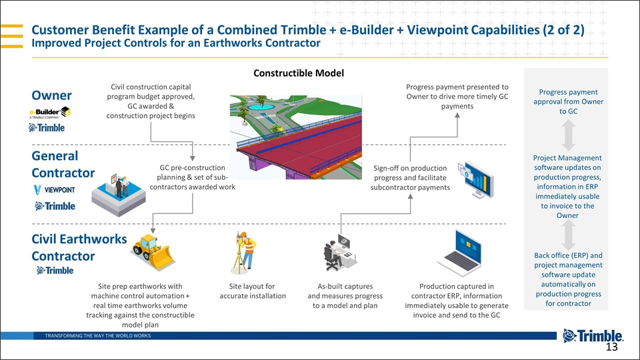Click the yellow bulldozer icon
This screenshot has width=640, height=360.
(153, 252)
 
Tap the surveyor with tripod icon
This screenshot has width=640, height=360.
(244, 252)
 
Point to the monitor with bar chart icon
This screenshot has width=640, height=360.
(476, 179)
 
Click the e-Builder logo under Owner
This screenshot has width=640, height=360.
(50, 113)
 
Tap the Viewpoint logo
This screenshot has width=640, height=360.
(54, 190)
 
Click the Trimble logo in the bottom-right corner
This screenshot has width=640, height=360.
(593, 335)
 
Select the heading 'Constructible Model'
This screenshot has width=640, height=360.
(299, 73)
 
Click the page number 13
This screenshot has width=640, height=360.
(611, 347)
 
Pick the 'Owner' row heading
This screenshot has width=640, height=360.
(52, 95)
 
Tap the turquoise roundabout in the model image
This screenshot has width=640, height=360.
(261, 107)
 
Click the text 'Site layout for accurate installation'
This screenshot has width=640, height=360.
(253, 291)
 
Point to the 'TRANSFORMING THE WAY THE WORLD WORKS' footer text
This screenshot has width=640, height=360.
(98, 335)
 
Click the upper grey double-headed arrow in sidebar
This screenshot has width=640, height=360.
(568, 135)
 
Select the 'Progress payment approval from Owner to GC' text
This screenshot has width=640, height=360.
(568, 101)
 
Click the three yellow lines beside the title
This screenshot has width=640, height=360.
(12, 36)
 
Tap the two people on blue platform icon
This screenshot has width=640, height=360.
(119, 194)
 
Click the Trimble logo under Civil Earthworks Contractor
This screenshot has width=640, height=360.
(55, 270)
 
